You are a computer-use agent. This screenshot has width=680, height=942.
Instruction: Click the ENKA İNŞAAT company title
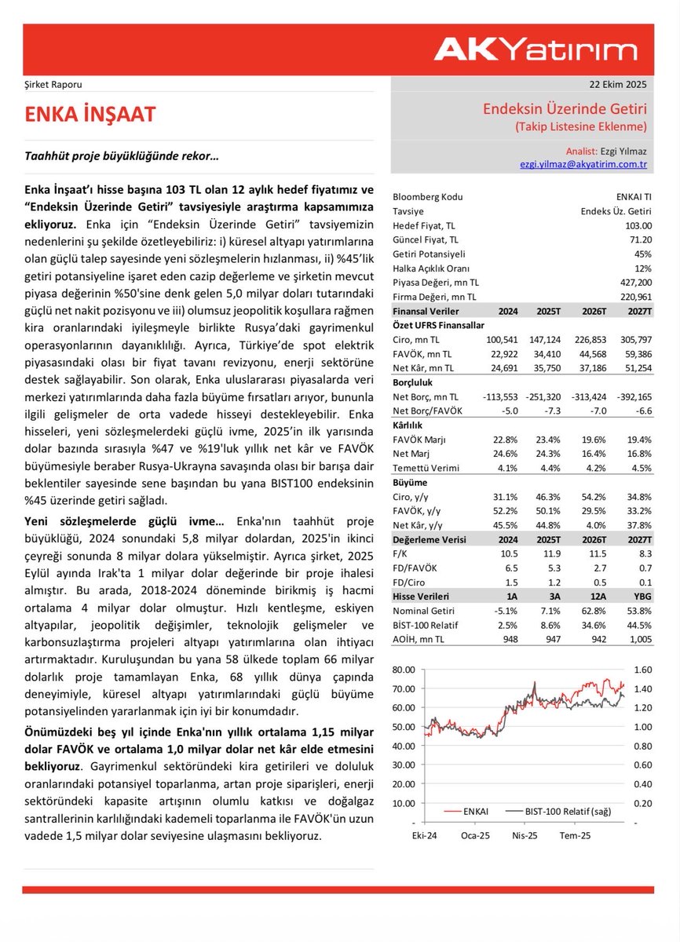point(90,115)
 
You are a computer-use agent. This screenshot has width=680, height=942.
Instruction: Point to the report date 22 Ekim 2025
point(618,85)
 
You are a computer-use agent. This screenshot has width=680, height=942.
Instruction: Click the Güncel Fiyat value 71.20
point(639,239)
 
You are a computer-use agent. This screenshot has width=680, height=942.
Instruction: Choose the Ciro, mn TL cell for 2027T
point(635,340)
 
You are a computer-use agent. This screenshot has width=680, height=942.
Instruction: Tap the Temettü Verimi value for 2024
point(504,469)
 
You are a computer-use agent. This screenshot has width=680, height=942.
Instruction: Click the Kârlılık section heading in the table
point(409,425)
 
